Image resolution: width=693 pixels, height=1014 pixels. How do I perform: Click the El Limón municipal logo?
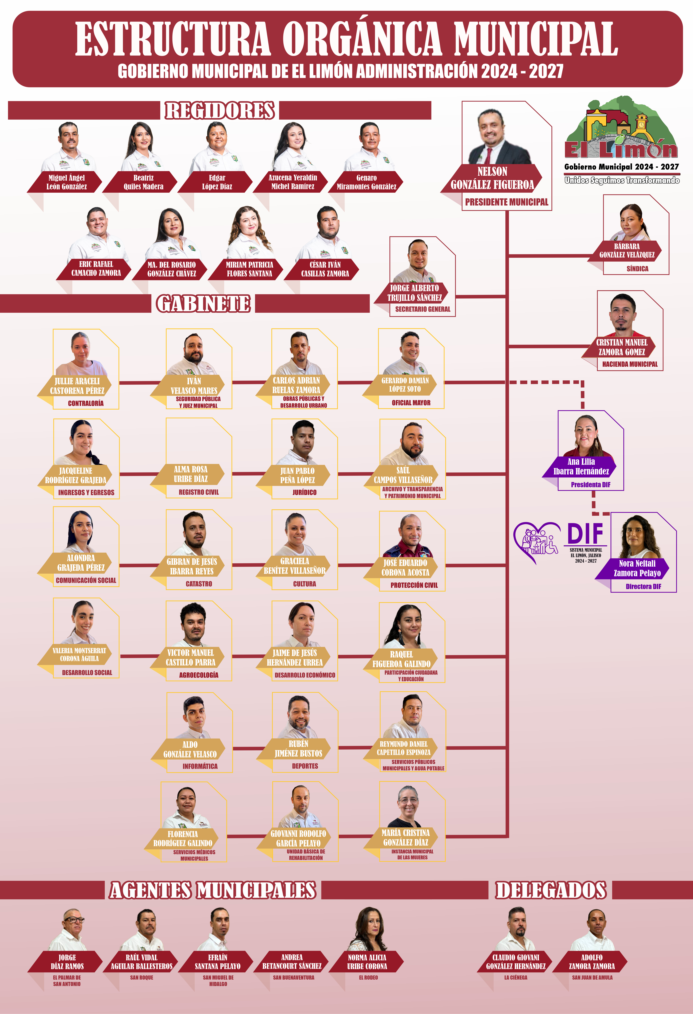[622, 140]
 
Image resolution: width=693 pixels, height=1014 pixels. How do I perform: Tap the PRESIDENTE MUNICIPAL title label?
[506, 202]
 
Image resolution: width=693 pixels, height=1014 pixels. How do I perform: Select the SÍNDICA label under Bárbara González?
[637, 269]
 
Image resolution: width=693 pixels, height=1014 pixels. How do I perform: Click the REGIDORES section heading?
[220, 110]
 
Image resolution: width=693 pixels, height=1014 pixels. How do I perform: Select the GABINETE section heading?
[203, 304]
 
